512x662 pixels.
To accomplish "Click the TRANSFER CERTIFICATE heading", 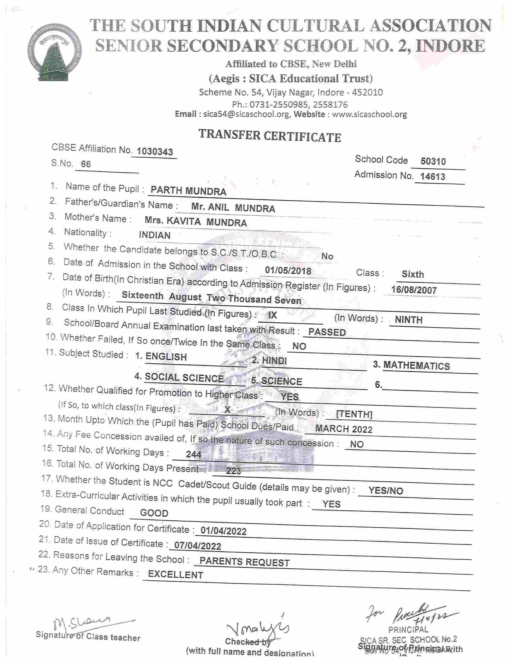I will pyautogui.click(x=270, y=136).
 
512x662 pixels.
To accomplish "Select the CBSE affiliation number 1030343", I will pyautogui.click(x=155, y=152).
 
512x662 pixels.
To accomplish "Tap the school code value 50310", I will pyautogui.click(x=433, y=161).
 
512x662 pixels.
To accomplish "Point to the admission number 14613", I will pyautogui.click(x=432, y=176).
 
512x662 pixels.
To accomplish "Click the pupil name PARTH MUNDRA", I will pyautogui.click(x=188, y=191).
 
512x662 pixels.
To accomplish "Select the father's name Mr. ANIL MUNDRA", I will pyautogui.click(x=233, y=208).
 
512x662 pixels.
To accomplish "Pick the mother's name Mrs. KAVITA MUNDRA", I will pyautogui.click(x=196, y=222).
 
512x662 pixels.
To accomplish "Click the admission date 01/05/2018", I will pyautogui.click(x=288, y=270).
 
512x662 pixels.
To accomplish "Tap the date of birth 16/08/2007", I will pyautogui.click(x=414, y=290).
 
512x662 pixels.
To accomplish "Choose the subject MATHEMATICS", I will pyautogui.click(x=416, y=366).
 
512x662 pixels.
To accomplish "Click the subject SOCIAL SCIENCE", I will pyautogui.click(x=184, y=378).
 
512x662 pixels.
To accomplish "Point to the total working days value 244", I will pyautogui.click(x=194, y=454).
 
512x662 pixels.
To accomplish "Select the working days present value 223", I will pyautogui.click(x=233, y=471).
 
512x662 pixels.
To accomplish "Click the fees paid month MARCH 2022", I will pyautogui.click(x=344, y=429).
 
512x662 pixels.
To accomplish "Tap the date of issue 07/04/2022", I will pyautogui.click(x=198, y=546).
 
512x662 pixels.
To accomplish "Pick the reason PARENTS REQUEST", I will pyautogui.click(x=245, y=562).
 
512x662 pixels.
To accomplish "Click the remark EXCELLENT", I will pyautogui.click(x=175, y=575).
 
